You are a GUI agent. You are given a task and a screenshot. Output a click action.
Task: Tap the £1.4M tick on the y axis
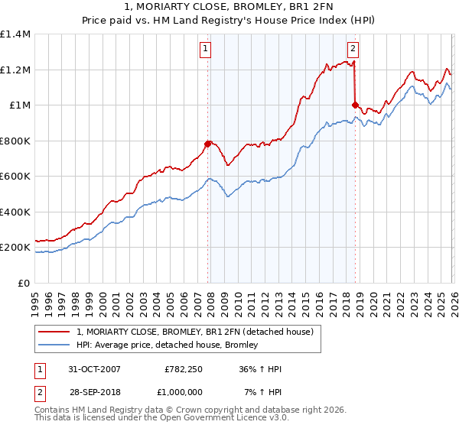[15, 34]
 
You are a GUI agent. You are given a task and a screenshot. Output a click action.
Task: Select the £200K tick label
[15, 248]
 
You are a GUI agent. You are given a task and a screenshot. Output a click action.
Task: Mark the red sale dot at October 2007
[207, 144]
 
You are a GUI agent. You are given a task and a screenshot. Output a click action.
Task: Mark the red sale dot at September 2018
[355, 105]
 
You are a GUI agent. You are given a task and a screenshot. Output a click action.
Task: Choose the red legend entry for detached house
[195, 332]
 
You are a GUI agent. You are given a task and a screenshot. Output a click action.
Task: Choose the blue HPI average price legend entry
[168, 345]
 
